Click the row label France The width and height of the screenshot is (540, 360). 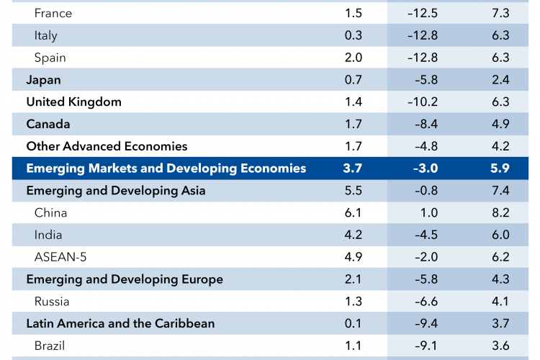[x=53, y=14]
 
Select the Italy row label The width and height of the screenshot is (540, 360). [x=45, y=35]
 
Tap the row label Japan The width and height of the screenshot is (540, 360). [x=43, y=80]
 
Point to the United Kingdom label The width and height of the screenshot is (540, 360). [x=73, y=102]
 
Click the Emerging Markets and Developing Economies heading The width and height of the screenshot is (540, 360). [x=166, y=168]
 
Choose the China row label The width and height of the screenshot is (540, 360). [x=50, y=213]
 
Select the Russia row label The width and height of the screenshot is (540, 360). [x=52, y=302]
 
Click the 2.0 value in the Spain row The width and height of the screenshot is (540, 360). [x=353, y=58]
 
